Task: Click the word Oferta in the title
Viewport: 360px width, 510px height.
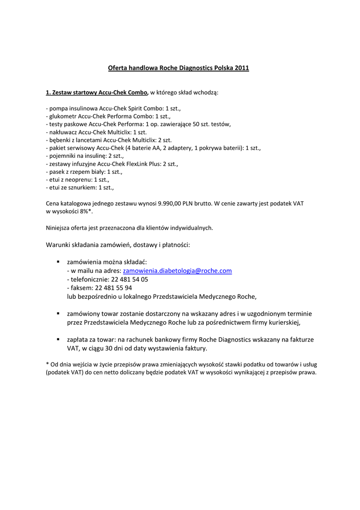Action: click(118, 68)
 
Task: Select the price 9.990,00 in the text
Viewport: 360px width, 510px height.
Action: click(173, 204)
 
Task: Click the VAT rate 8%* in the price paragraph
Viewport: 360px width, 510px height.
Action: click(86, 211)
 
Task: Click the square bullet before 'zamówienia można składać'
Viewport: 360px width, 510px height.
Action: click(58, 261)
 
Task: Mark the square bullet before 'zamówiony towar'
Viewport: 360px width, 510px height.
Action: click(58, 313)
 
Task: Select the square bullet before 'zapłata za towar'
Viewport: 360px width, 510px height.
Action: click(58, 339)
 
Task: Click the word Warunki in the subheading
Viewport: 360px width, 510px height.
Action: click(60, 245)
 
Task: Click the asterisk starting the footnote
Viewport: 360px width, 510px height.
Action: click(47, 364)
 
